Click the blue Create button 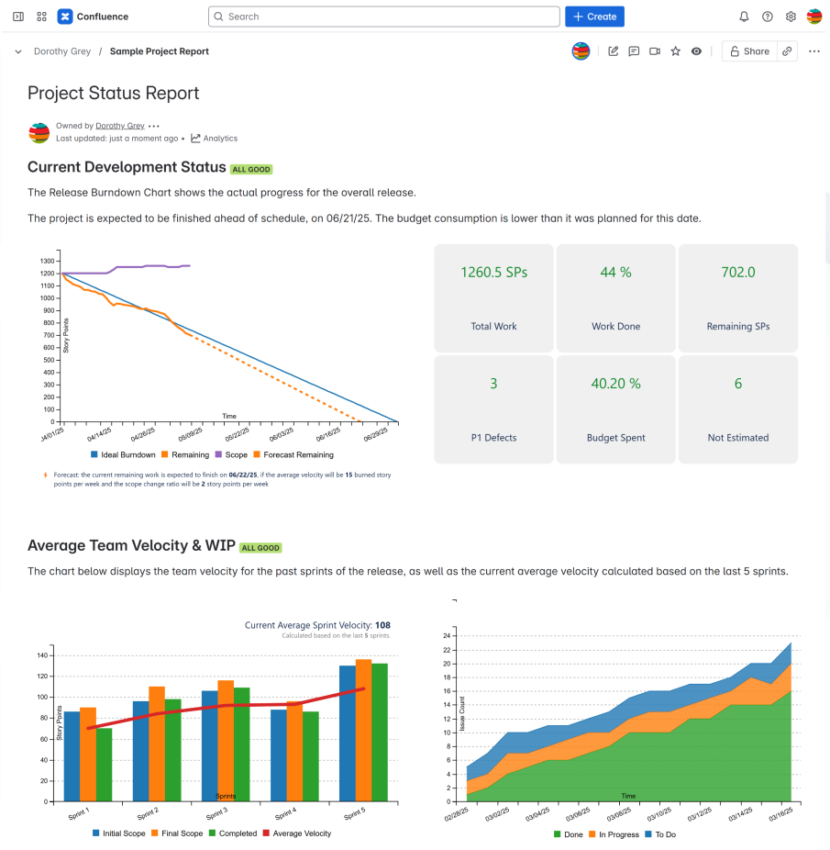coord(594,17)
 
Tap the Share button coord(748,51)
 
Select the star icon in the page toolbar coord(676,51)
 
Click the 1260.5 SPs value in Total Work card coord(493,273)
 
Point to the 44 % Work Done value coord(615,273)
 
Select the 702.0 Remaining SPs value coord(737,273)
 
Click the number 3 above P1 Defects coord(493,384)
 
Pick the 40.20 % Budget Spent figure coord(615,384)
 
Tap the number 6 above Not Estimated coord(737,384)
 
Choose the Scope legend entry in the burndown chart coord(234,454)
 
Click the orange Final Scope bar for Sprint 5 coord(363,730)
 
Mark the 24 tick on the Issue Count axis coord(447,635)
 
